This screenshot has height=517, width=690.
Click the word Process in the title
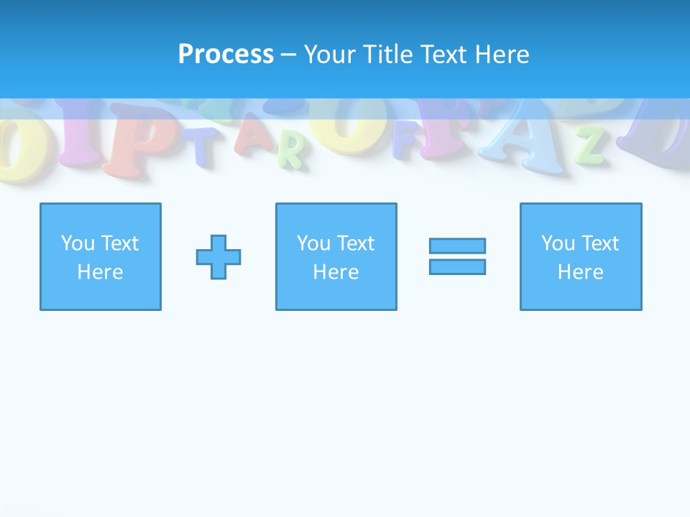[x=226, y=55]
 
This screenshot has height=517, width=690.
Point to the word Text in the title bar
[x=445, y=55]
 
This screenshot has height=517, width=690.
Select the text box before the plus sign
[x=101, y=256]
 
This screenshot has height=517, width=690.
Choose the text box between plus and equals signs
[x=336, y=256]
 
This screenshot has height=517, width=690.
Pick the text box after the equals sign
[x=581, y=256]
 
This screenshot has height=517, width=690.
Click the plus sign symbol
[x=218, y=257]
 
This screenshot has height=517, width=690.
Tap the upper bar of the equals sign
[x=457, y=246]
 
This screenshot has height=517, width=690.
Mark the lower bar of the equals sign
[x=457, y=266]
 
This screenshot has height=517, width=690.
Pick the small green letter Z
[x=589, y=146]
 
